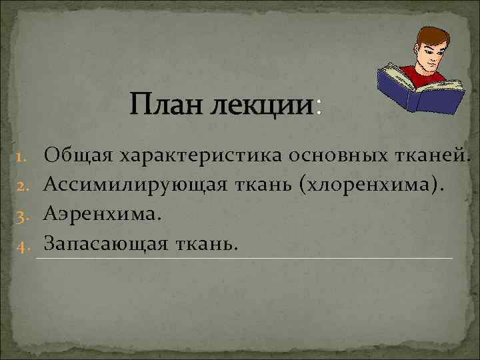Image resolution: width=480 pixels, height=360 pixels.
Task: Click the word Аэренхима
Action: pyautogui.click(x=103, y=215)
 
